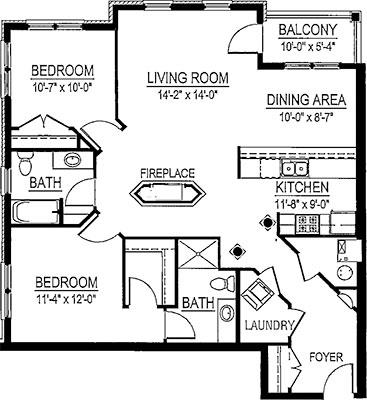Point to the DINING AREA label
point(305,100)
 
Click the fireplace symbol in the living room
point(166,190)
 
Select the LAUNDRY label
point(268,327)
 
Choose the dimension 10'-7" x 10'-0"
point(62,85)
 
